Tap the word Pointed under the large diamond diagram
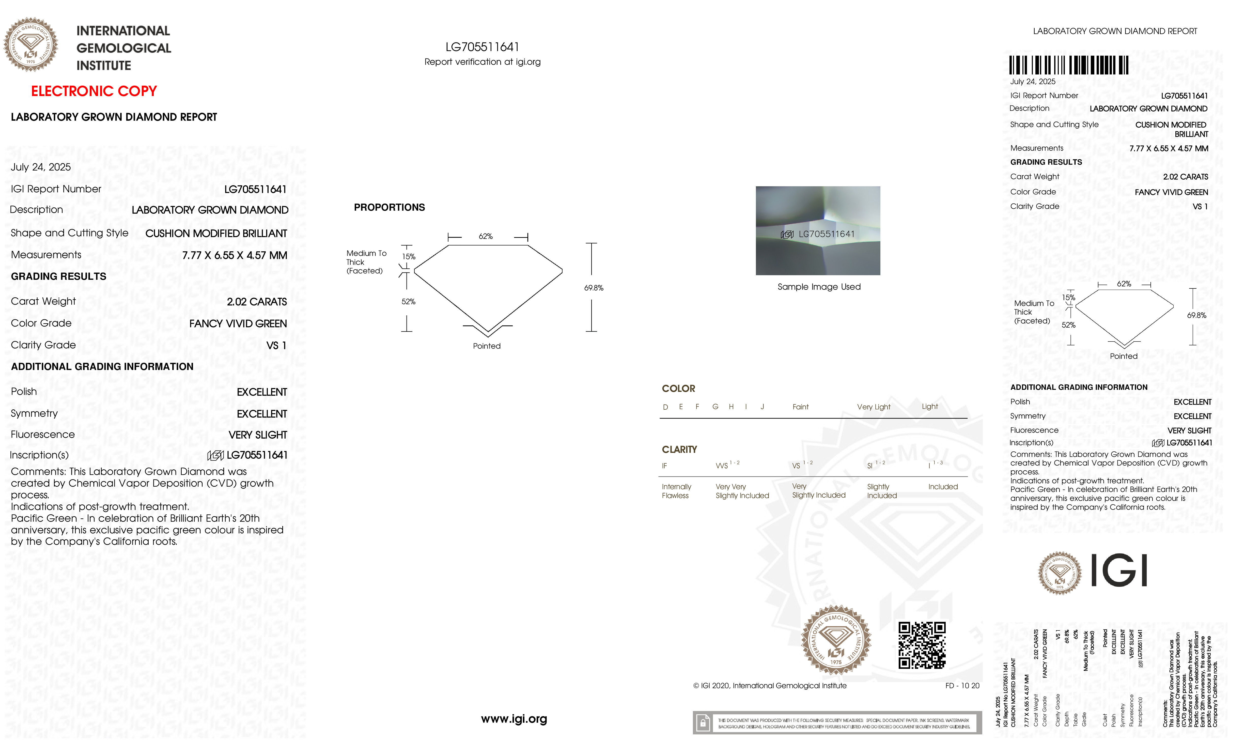487,346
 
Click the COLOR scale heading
678,389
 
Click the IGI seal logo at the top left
31,44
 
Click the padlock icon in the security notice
702,723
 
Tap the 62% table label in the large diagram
486,237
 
